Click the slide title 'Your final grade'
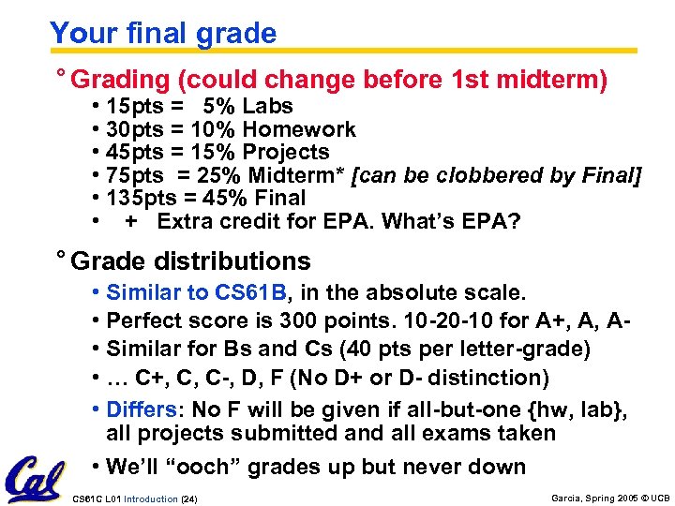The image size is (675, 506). (163, 34)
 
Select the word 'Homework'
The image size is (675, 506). (299, 129)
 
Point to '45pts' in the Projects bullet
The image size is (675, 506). (135, 152)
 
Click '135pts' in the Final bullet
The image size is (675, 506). (141, 198)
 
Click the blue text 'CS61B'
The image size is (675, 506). (245, 294)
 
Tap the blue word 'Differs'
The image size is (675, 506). (140, 410)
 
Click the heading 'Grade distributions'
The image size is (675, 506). (189, 260)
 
